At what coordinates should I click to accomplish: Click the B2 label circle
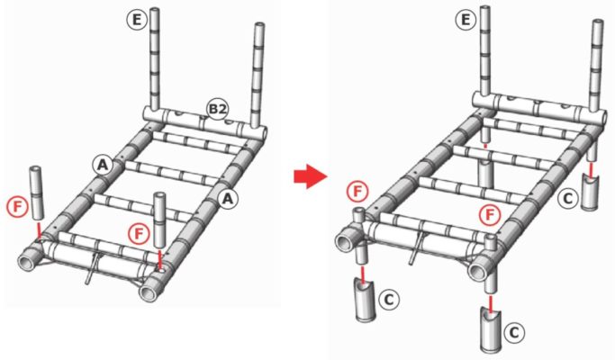(x=217, y=110)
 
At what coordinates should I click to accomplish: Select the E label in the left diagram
(x=137, y=19)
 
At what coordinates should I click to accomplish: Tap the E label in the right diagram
(x=466, y=19)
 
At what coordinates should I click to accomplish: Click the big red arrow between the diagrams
(x=311, y=176)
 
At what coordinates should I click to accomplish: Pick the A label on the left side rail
(x=103, y=165)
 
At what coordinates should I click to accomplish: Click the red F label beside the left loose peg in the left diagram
(x=18, y=207)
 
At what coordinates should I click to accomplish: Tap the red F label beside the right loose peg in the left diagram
(x=139, y=234)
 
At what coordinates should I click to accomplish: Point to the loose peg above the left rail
(x=36, y=193)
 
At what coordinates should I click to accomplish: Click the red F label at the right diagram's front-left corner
(x=357, y=192)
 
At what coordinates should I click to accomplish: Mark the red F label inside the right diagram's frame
(x=490, y=215)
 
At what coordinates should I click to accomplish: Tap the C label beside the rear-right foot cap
(x=568, y=198)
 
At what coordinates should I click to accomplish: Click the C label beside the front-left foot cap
(x=389, y=300)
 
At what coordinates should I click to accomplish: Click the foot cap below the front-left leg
(x=366, y=301)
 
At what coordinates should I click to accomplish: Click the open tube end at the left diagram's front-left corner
(x=28, y=263)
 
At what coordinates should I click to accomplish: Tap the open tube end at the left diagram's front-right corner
(x=149, y=292)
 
